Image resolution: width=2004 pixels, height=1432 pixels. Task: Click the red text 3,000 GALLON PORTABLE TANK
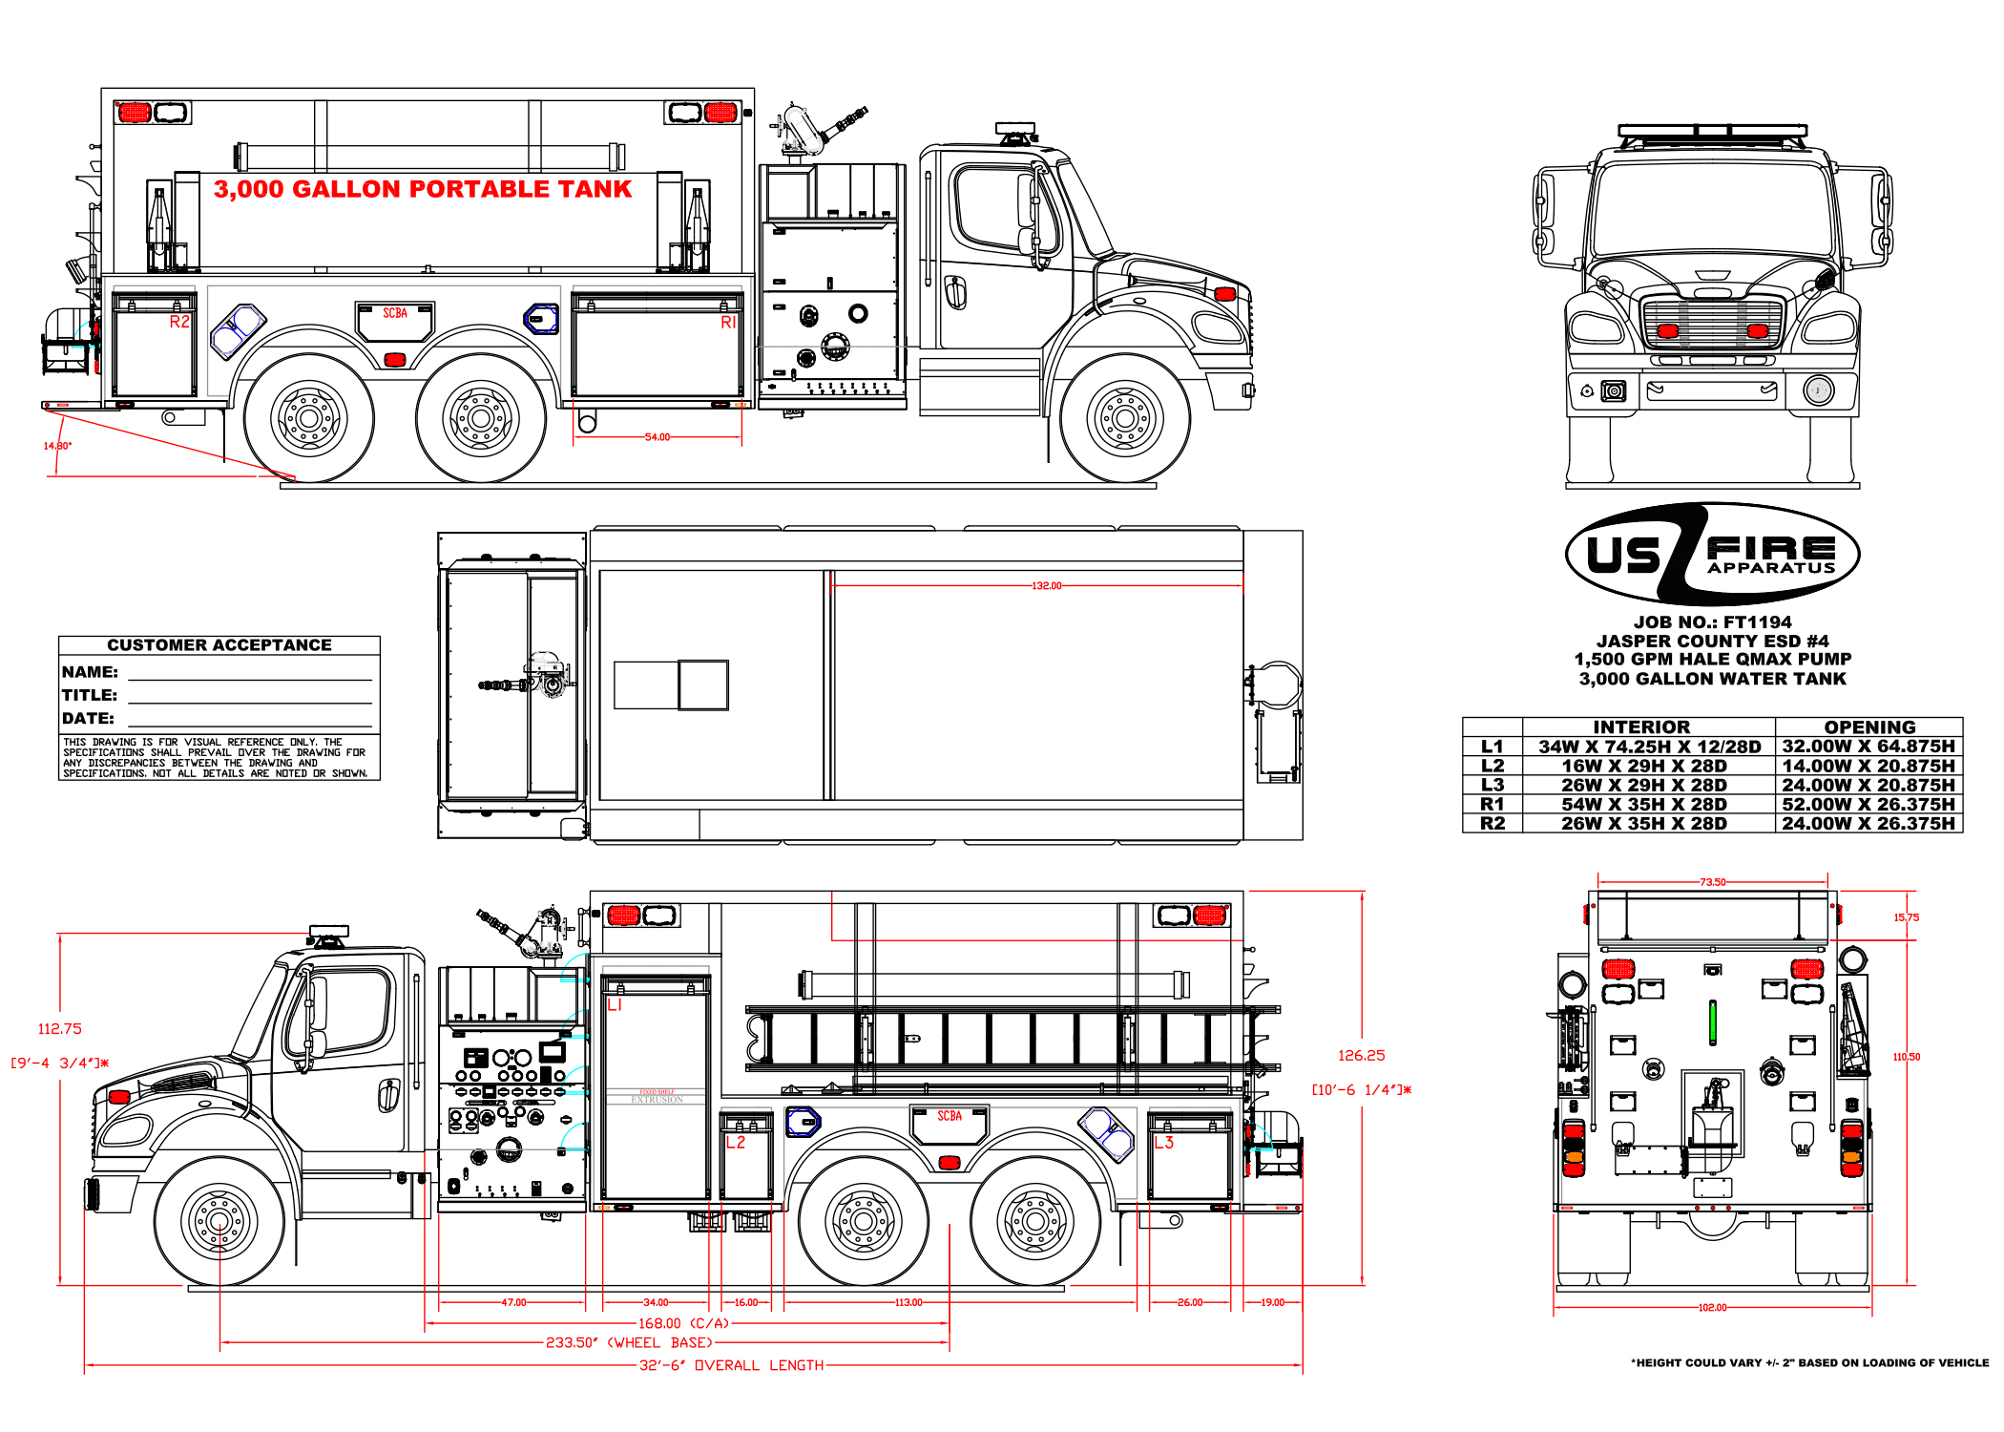click(x=422, y=189)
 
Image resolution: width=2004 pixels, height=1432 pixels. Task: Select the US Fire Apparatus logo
click(x=1712, y=554)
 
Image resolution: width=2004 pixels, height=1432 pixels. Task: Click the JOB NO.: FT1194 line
click(x=1712, y=622)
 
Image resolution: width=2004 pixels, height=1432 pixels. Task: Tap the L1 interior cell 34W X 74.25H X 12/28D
click(x=1649, y=747)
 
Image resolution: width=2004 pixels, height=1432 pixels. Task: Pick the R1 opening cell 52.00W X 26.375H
click(x=1868, y=804)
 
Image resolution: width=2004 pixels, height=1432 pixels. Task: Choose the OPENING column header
click(x=1868, y=727)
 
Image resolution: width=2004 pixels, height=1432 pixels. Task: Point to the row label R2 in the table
click(x=1492, y=823)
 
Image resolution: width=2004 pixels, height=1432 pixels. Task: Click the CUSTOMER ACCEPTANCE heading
click(x=219, y=645)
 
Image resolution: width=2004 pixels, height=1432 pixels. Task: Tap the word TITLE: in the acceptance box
click(x=90, y=695)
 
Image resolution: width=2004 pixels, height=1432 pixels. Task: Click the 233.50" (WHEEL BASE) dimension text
click(x=629, y=1342)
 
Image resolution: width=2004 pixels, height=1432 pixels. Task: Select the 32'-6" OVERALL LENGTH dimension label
click(x=731, y=1365)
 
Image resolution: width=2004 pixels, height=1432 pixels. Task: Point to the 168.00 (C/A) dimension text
click(x=683, y=1323)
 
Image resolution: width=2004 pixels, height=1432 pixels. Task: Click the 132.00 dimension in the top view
click(x=1046, y=585)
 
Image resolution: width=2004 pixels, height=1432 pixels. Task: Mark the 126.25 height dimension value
click(x=1361, y=1055)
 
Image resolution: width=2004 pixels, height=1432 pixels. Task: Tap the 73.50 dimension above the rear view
click(x=1712, y=882)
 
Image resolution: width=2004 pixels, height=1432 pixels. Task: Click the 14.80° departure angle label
click(x=57, y=446)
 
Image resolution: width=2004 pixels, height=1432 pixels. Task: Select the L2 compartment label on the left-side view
click(x=735, y=1142)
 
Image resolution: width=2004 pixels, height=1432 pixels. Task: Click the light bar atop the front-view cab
click(x=1712, y=132)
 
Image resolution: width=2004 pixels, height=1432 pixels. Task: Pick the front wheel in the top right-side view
click(x=1124, y=418)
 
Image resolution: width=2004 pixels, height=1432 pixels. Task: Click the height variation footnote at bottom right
click(x=1809, y=1363)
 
